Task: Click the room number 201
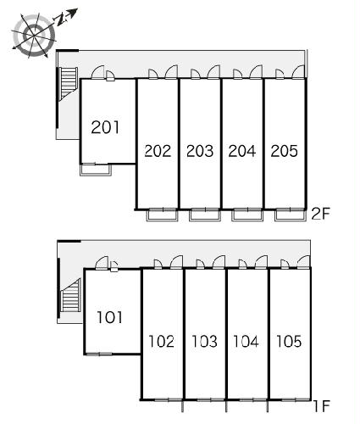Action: pyautogui.click(x=105, y=127)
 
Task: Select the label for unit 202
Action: pyautogui.click(x=158, y=151)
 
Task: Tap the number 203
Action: pyautogui.click(x=200, y=151)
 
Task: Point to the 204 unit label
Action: pyautogui.click(x=242, y=151)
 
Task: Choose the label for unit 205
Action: pyautogui.click(x=285, y=151)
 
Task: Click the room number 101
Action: pyautogui.click(x=110, y=317)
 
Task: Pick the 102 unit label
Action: pyautogui.click(x=162, y=341)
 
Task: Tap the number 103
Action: pyautogui.click(x=204, y=341)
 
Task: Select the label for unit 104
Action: pyautogui.click(x=246, y=341)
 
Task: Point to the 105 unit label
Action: pyautogui.click(x=289, y=341)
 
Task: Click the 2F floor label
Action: pyautogui.click(x=320, y=214)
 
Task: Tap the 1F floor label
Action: pyautogui.click(x=322, y=406)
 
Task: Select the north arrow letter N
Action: pyautogui.click(x=60, y=20)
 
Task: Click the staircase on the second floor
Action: pyautogui.click(x=68, y=82)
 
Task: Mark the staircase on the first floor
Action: pyautogui.click(x=71, y=295)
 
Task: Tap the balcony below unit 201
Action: pyautogui.click(x=96, y=170)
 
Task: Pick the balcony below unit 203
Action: pyautogui.click(x=205, y=215)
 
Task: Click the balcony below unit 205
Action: pyautogui.click(x=291, y=215)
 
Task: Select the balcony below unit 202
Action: pyautogui.click(x=163, y=215)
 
